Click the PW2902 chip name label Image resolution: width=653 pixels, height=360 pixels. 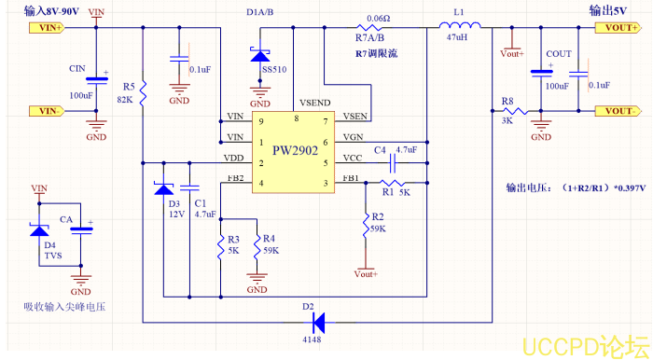pyautogui.click(x=295, y=150)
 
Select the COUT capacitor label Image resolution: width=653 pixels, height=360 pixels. pyautogui.click(x=559, y=54)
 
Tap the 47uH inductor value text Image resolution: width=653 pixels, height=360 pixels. pyautogui.click(x=457, y=40)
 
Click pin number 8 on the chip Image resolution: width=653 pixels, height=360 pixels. pyautogui.click(x=296, y=119)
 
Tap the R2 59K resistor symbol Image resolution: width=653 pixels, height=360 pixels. pyautogui.click(x=362, y=225)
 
